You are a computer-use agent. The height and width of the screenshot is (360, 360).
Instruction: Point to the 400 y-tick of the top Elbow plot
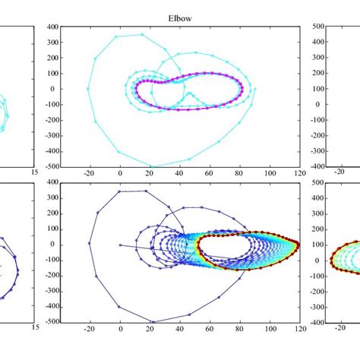[x=49, y=27]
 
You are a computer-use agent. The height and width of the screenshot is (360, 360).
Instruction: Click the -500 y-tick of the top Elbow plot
[x=48, y=166]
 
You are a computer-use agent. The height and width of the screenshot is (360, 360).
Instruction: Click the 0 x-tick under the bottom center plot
[x=119, y=329]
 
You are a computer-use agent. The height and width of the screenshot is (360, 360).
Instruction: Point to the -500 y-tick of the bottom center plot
[x=48, y=321]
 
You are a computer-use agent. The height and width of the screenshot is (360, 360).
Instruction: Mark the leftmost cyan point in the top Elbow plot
[x=88, y=88]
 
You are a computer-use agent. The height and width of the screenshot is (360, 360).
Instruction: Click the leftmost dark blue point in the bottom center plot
[x=89, y=243]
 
